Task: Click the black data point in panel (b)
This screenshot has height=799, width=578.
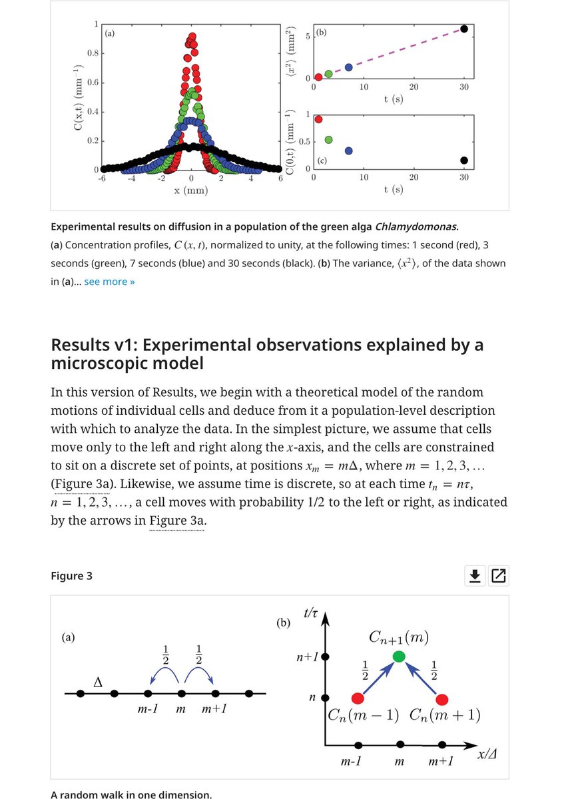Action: pos(464,28)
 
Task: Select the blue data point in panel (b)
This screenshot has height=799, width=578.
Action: pos(348,67)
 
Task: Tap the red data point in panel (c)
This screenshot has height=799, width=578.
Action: pos(318,119)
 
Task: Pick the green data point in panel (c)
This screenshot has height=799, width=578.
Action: pos(328,139)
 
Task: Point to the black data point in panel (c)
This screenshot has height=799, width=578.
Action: pos(464,160)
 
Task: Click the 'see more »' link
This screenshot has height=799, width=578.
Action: pos(109,282)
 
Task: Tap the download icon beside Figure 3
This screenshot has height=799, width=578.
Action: pos(474,576)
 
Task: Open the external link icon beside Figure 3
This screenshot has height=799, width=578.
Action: pos(497,576)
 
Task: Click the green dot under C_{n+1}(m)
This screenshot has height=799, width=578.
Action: pos(399,657)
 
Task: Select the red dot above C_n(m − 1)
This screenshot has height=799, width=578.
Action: pos(358,698)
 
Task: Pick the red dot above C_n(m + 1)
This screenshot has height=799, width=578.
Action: pos(442,698)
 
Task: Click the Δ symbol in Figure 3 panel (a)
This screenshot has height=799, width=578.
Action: pos(98,682)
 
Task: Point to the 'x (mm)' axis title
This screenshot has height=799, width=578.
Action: pos(190,191)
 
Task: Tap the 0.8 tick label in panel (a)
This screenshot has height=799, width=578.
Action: pos(93,53)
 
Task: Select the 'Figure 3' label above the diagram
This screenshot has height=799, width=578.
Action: pos(71,576)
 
